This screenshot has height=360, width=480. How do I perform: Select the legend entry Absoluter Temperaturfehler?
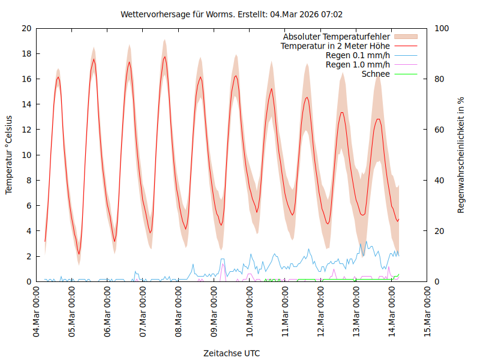[x=337, y=36]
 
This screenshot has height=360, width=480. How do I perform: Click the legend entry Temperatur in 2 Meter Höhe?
[x=335, y=46]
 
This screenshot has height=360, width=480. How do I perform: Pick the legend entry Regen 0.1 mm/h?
[x=358, y=55]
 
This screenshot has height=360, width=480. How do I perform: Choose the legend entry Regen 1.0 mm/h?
[x=358, y=64]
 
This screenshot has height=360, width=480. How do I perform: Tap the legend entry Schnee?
[x=376, y=74]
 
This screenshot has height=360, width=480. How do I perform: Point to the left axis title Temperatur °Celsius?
[x=9, y=154]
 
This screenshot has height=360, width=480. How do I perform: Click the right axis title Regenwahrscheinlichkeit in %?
[x=461, y=154]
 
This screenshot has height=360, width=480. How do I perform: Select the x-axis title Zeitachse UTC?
[x=232, y=353]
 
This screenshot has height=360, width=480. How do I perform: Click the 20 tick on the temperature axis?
[x=26, y=28]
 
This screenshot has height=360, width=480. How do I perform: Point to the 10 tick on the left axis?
[x=26, y=155]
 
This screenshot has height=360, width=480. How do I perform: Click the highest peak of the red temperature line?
[x=164, y=57]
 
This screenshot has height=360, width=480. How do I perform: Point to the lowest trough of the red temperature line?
[x=79, y=254]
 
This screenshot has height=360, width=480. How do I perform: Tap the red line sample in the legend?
[x=406, y=46]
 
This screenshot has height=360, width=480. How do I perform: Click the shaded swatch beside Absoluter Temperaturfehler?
[x=406, y=36]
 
